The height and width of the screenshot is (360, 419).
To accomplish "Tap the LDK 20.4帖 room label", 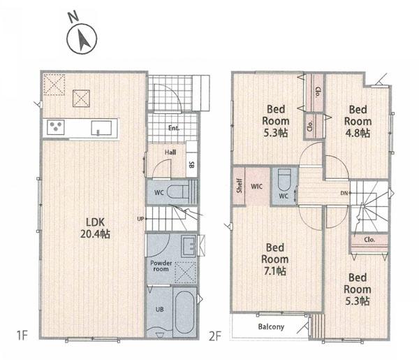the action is (95, 228).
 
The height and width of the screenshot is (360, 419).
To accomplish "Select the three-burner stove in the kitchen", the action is (56, 127).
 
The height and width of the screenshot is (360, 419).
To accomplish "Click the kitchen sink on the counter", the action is (101, 128).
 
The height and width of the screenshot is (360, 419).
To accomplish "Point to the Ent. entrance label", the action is (174, 128).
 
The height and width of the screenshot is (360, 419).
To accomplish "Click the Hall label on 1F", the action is (170, 152).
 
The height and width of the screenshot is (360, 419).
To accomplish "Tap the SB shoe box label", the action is (191, 165).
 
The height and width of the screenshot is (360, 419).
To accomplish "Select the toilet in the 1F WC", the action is (178, 192).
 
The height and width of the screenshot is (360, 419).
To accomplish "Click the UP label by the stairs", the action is (140, 219).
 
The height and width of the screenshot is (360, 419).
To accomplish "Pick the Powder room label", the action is (161, 266).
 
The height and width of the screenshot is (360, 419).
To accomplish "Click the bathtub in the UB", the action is (184, 312).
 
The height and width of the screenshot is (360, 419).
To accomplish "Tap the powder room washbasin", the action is (189, 246).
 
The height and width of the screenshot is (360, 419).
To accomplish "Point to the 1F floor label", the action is (22, 336).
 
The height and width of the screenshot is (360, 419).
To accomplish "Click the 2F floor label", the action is (215, 336).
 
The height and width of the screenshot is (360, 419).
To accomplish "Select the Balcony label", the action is (271, 327).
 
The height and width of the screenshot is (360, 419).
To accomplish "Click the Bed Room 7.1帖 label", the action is (274, 259).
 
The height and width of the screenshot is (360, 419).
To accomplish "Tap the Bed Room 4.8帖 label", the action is (358, 121).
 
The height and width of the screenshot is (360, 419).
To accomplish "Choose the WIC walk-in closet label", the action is (256, 187).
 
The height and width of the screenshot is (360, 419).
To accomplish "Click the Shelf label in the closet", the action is (240, 186).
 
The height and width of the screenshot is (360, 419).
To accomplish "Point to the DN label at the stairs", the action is (344, 193).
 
